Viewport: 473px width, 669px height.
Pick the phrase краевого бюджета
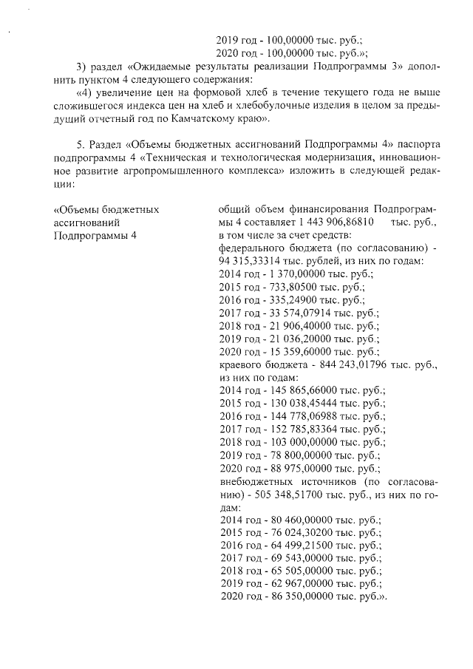(257, 365)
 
